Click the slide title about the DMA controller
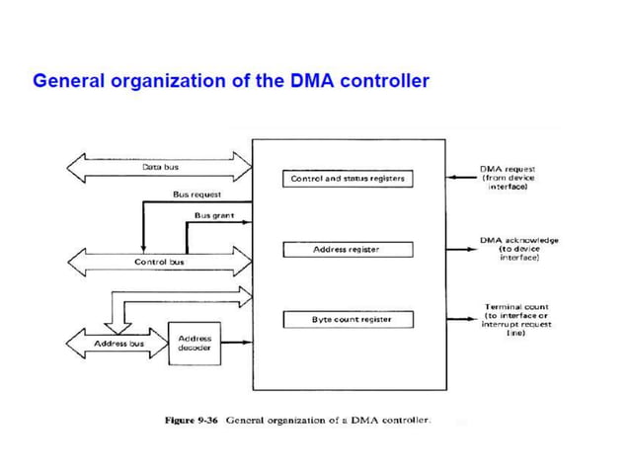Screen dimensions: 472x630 (x=231, y=81)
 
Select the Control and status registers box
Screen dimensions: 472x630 (x=348, y=179)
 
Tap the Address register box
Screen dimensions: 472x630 (x=348, y=250)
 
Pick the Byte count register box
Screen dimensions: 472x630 (x=348, y=319)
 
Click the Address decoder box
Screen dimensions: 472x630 (x=194, y=343)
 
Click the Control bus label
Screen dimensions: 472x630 (x=159, y=262)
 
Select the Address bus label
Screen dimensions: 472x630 (x=118, y=344)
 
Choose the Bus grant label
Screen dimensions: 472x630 (x=213, y=214)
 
